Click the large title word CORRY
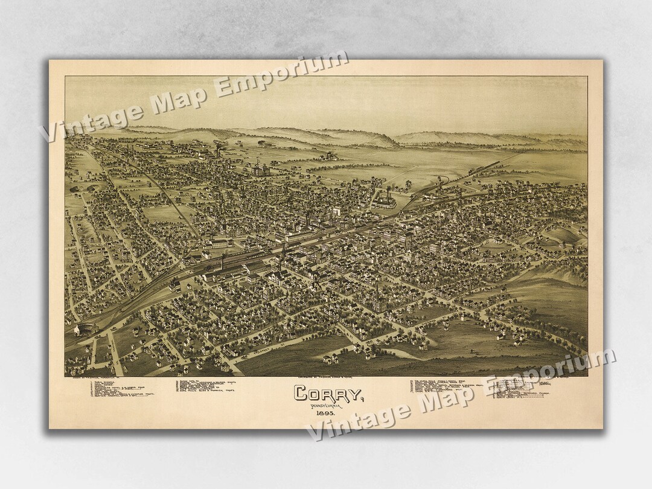(327, 394)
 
